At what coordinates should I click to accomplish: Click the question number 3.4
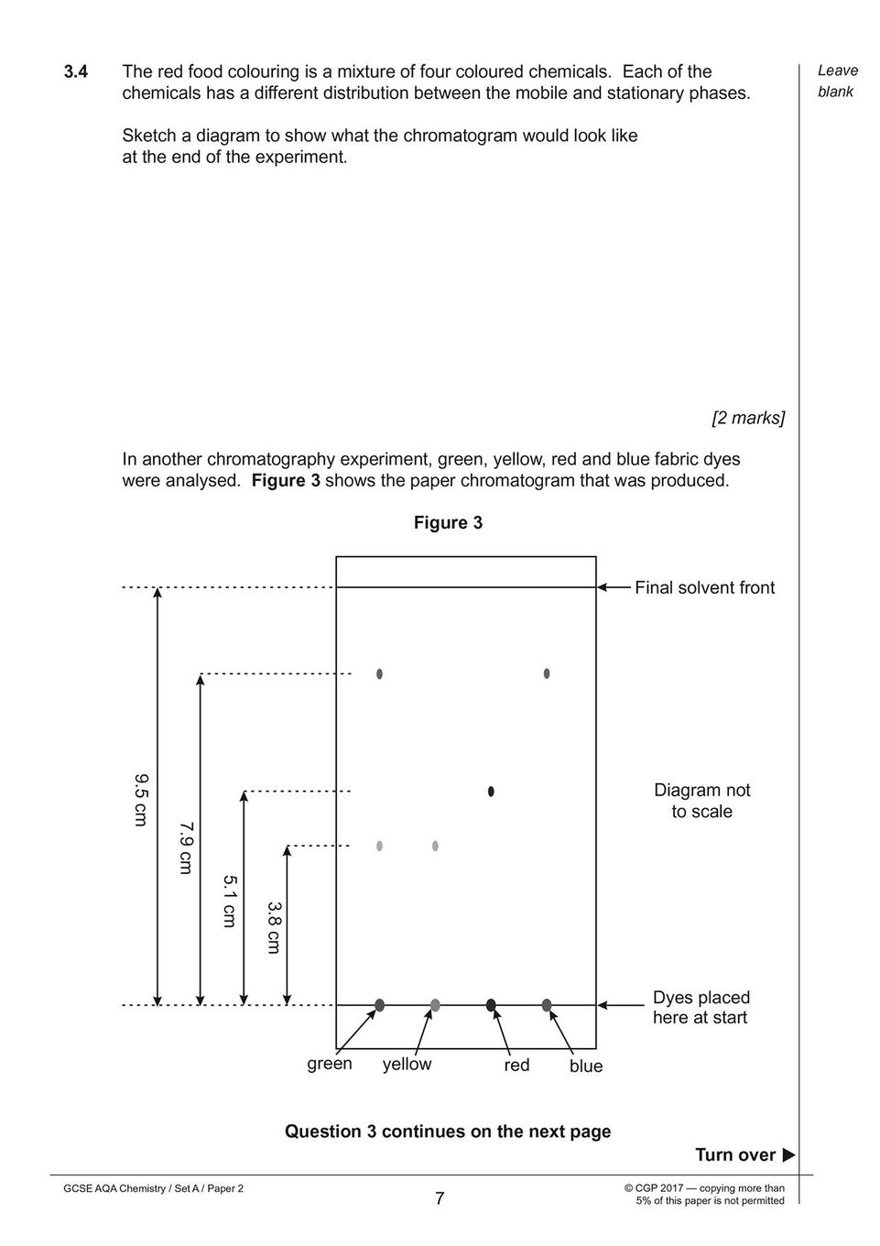[x=76, y=71]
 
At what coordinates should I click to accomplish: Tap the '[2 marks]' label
[x=748, y=418]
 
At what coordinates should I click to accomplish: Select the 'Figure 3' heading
[x=448, y=522]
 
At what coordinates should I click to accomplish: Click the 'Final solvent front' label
[x=704, y=587]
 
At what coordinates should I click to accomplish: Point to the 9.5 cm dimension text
[x=141, y=800]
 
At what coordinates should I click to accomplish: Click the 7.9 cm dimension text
[x=186, y=847]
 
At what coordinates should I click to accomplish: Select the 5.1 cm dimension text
[x=229, y=902]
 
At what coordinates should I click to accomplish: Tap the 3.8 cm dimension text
[x=273, y=928]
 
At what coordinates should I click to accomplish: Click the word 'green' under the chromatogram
[x=330, y=1064]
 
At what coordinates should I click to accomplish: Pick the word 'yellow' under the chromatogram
[x=407, y=1064]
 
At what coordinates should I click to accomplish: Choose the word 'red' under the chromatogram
[x=516, y=1066]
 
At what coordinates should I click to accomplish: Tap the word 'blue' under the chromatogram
[x=586, y=1066]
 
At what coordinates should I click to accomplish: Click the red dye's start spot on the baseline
[x=491, y=1005]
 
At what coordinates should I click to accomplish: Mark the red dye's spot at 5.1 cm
[x=491, y=791]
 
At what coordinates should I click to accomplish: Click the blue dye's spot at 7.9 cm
[x=547, y=673]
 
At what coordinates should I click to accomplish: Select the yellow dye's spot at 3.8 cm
[x=435, y=846]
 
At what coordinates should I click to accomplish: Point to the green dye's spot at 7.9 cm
[x=380, y=673]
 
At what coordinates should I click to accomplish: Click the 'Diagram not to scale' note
[x=702, y=801]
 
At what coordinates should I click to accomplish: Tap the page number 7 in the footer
[x=440, y=1198]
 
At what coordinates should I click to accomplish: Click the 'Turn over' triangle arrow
[x=788, y=1154]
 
